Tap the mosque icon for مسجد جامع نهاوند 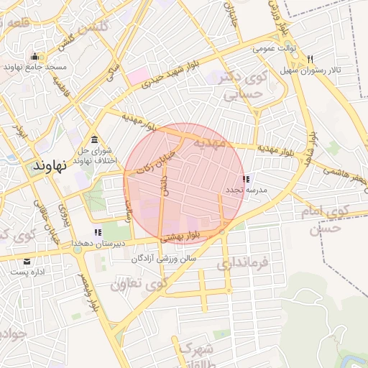[34, 57]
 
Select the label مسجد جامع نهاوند [35, 67]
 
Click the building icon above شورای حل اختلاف [95, 139]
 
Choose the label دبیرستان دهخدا [98, 243]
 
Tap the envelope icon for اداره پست [27, 261]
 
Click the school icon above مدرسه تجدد [247, 179]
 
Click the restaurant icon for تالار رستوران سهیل [310, 59]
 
